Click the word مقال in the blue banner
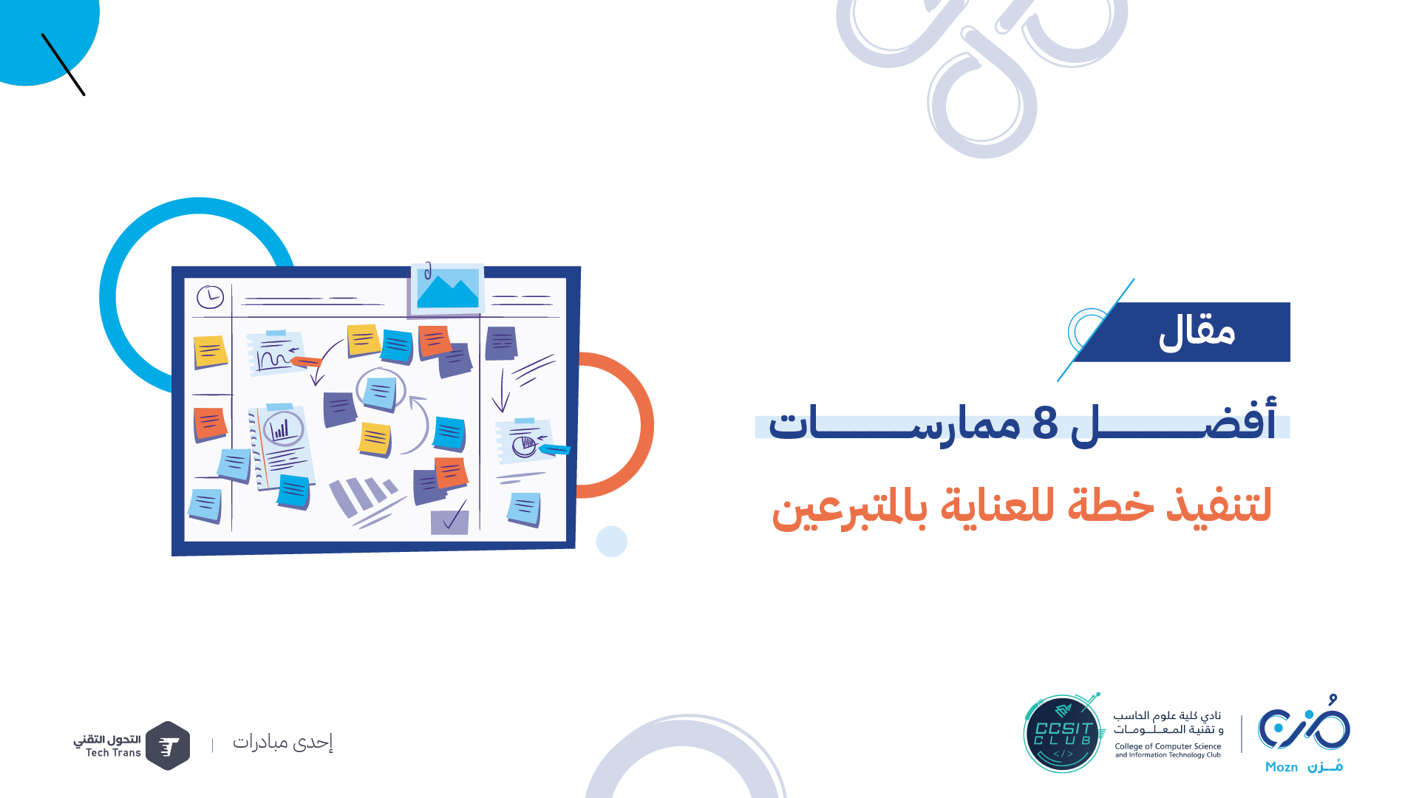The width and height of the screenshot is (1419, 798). click(1197, 332)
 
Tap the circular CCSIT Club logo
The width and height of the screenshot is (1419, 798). click(1063, 733)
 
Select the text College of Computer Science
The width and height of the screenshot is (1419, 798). click(1168, 746)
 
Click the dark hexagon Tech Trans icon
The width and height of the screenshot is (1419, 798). click(168, 746)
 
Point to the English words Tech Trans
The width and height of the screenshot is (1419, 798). click(113, 753)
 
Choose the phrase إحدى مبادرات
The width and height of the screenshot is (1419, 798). click(283, 742)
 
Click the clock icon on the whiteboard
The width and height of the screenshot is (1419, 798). click(210, 297)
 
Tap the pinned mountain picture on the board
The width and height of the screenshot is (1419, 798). click(447, 288)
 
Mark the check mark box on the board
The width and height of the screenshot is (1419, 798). click(449, 520)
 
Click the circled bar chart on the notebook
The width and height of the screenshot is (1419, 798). click(282, 428)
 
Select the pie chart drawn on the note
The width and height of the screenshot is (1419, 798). click(524, 446)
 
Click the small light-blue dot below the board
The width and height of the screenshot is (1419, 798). click(612, 542)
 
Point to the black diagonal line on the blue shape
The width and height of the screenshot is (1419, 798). click(64, 64)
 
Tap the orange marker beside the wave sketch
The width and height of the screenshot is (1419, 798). click(305, 361)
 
